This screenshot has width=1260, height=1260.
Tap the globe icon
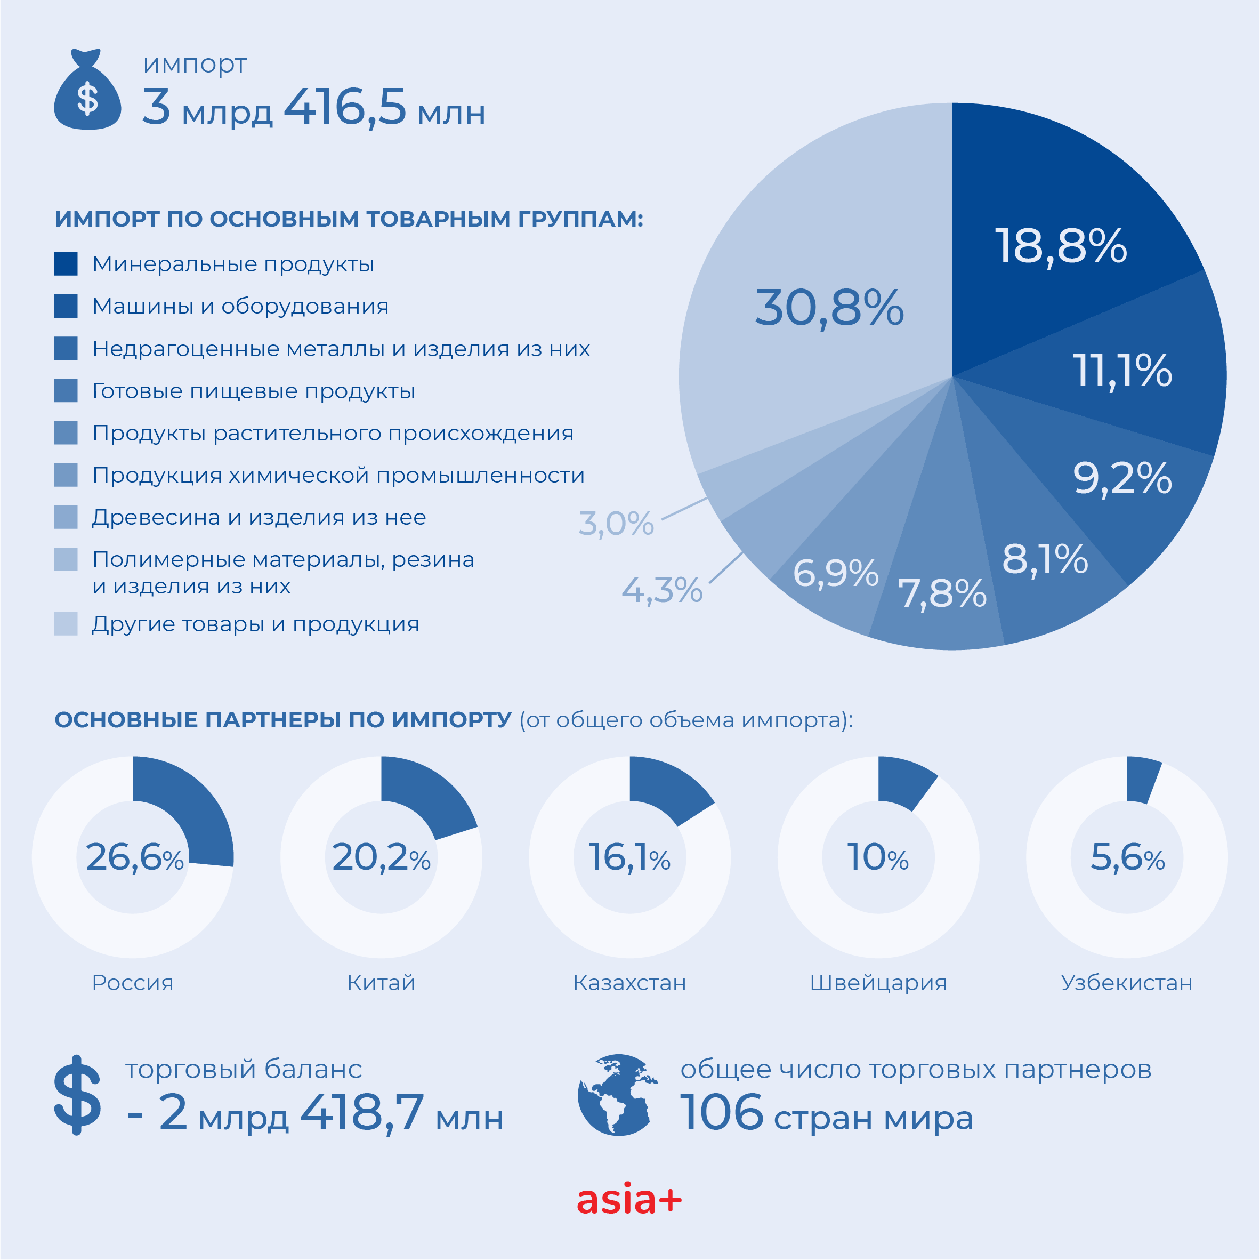[x=616, y=1095]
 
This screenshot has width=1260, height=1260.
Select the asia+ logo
[x=629, y=1200]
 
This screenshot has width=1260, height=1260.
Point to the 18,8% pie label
[x=1061, y=247]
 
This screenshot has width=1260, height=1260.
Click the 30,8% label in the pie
[x=829, y=308]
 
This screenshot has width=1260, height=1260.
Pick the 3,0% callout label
[x=616, y=523]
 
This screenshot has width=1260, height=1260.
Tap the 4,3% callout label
[x=662, y=590]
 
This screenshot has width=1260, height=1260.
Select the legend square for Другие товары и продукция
[x=66, y=624]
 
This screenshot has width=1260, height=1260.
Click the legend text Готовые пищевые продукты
[x=254, y=391]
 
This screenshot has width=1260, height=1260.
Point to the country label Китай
[x=381, y=983]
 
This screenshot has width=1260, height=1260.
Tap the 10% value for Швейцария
[x=877, y=857]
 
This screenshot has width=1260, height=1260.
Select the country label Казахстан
[x=629, y=983]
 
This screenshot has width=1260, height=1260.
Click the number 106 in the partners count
[x=721, y=1112]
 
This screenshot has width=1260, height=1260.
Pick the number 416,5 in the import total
[x=345, y=108]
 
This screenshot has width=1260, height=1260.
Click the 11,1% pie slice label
[x=1122, y=371]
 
